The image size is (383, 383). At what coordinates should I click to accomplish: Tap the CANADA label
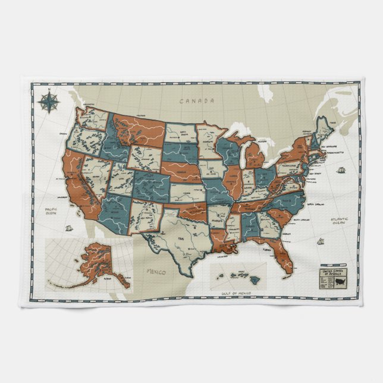tap(197, 101)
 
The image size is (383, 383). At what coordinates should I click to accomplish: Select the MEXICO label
tap(154, 272)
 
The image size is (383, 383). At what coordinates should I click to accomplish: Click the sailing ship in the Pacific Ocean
tap(70, 228)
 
